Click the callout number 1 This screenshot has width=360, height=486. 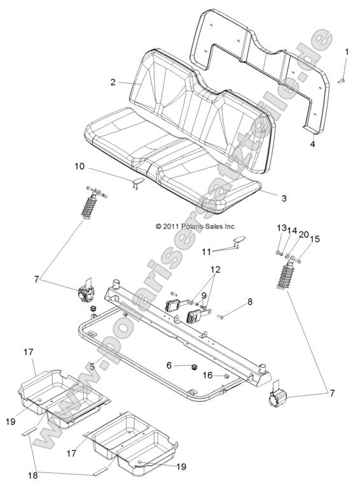point(347,52)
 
